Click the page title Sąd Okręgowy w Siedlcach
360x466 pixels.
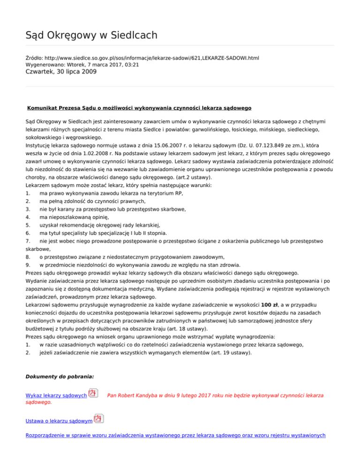91,35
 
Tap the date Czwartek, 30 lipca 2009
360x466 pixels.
61,72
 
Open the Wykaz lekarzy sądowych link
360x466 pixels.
55,396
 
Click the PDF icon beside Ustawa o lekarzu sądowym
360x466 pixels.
98,419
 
